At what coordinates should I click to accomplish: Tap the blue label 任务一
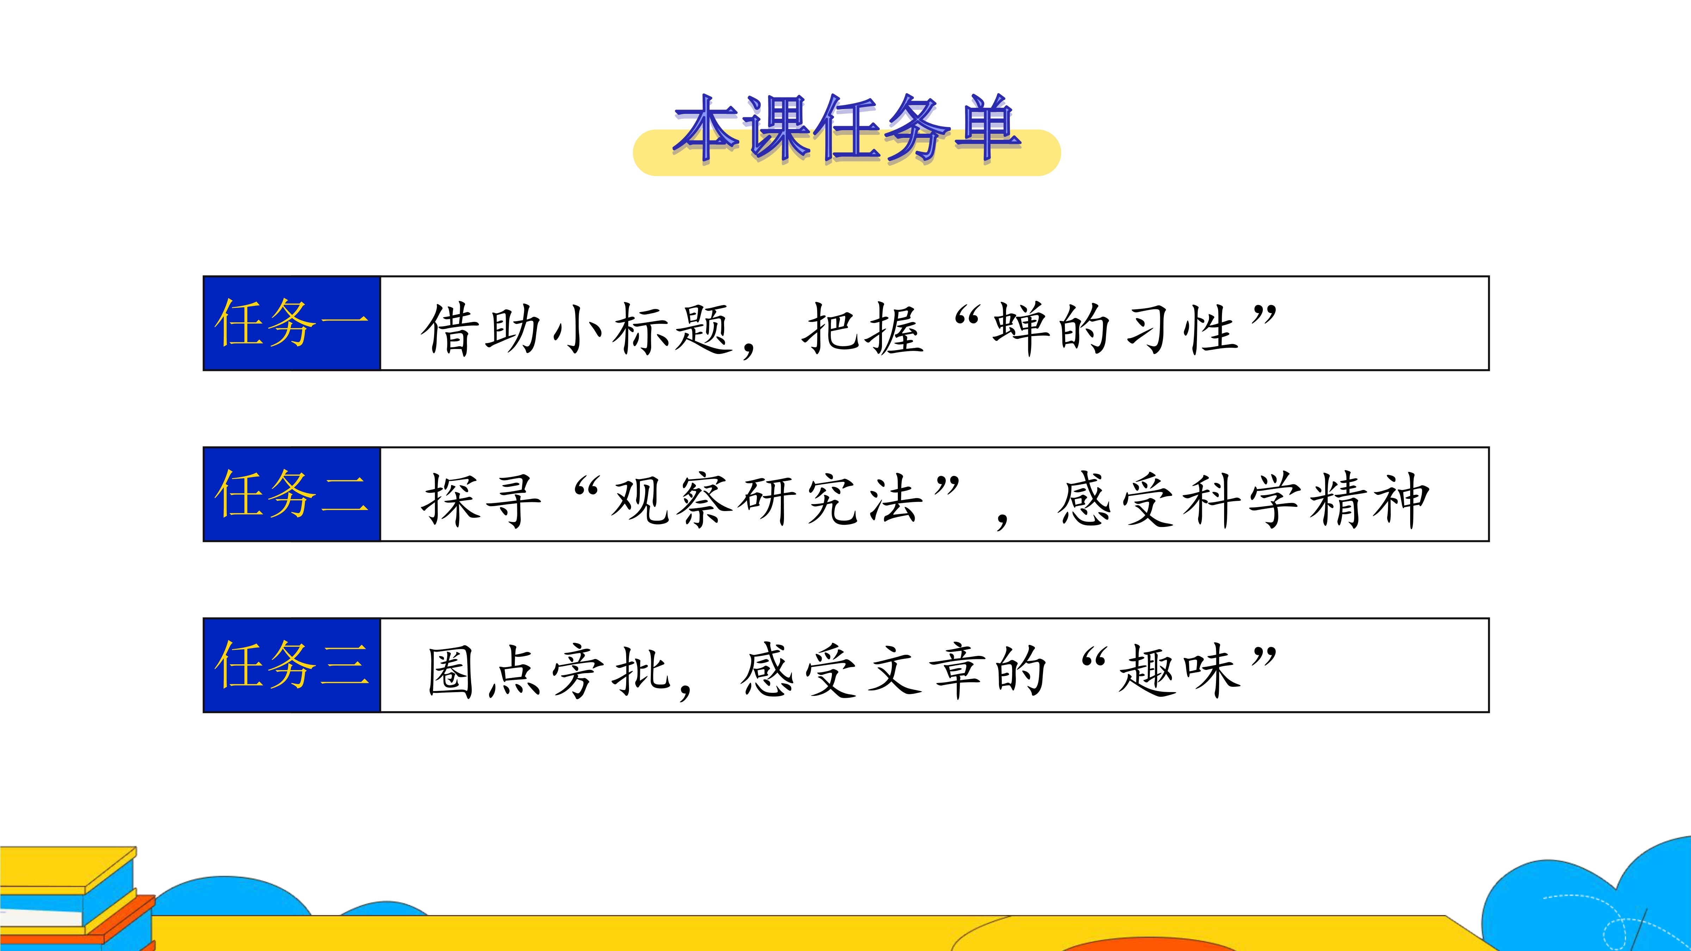[291, 323]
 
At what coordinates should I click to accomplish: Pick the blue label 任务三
[291, 665]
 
